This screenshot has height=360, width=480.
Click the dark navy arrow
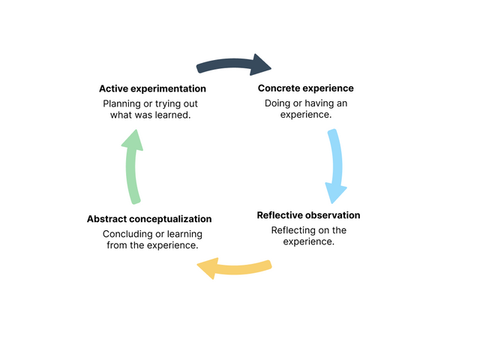point(233,64)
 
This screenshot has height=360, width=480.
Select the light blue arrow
point(337,165)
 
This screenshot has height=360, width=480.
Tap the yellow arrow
point(235,269)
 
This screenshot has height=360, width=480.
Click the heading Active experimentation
point(152,88)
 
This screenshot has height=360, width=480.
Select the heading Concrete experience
point(306,88)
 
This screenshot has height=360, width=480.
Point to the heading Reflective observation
point(308,215)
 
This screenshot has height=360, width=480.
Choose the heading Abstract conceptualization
point(149,219)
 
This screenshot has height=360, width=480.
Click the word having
point(319,103)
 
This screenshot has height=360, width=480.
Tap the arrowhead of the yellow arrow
point(208,268)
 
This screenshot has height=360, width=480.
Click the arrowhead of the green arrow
point(133,140)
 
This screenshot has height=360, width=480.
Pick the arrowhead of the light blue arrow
point(335,193)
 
